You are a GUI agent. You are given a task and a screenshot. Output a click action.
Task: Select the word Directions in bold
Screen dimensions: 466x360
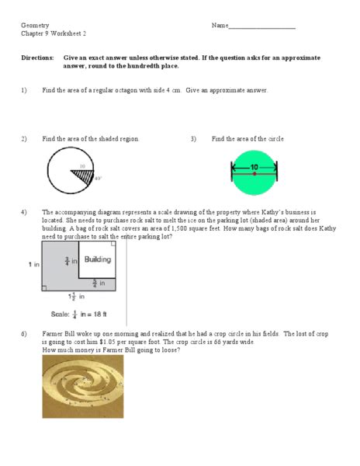pyautogui.click(x=37, y=58)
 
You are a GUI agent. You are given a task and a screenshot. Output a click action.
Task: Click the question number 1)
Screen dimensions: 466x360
pyautogui.click(x=24, y=90)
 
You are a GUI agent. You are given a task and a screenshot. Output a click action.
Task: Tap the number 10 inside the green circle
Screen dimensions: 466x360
pyautogui.click(x=254, y=166)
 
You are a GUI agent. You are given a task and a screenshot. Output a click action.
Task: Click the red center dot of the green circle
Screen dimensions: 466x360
pyautogui.click(x=254, y=174)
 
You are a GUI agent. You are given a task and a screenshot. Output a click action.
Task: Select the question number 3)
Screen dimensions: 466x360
pyautogui.click(x=193, y=139)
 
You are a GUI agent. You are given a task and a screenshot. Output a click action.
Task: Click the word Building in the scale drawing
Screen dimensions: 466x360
pyautogui.click(x=98, y=259)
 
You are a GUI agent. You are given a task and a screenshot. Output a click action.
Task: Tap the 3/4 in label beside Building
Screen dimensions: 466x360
pyautogui.click(x=69, y=262)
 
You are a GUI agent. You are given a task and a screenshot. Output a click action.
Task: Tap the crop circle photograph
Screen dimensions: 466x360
pyautogui.click(x=81, y=388)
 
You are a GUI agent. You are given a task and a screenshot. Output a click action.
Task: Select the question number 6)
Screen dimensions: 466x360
pyautogui.click(x=24, y=333)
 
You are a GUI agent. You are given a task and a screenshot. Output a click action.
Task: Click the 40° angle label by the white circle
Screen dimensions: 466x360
pyautogui.click(x=98, y=179)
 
